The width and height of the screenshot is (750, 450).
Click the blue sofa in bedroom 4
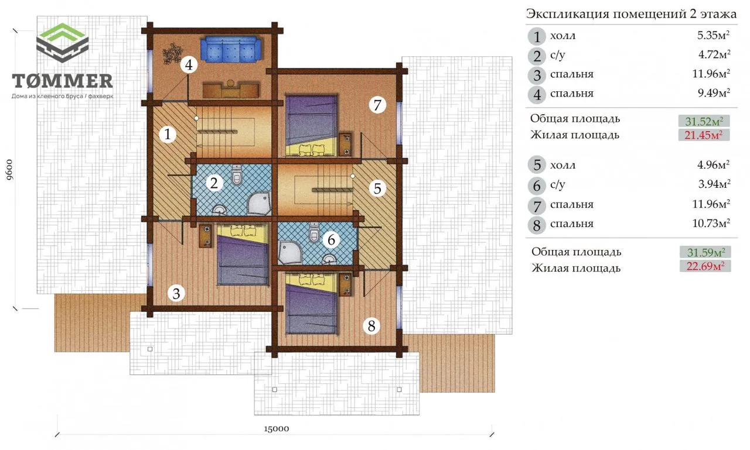(231, 49)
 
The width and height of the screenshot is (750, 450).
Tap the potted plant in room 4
(173, 53)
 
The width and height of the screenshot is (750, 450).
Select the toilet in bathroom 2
(237, 175)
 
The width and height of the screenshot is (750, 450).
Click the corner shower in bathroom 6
(289, 252)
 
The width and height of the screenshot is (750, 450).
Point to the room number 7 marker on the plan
(377, 105)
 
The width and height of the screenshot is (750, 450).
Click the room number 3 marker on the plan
(176, 293)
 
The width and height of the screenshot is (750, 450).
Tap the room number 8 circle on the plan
(371, 325)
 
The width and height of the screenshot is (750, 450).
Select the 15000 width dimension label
(276, 428)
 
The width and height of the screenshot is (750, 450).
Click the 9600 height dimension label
(10, 170)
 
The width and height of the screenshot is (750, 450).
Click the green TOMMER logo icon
(62, 43)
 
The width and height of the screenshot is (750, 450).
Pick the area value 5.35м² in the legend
(713, 35)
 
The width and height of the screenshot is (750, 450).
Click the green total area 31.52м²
(704, 121)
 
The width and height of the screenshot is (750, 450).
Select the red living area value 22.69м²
(705, 266)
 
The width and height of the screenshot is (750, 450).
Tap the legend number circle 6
(537, 186)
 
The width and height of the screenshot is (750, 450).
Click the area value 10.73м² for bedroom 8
(711, 223)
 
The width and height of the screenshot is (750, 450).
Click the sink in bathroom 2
(219, 209)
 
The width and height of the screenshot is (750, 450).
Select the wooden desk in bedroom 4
(231, 90)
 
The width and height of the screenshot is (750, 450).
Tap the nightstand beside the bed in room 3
(205, 236)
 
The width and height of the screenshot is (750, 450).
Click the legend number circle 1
(537, 36)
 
